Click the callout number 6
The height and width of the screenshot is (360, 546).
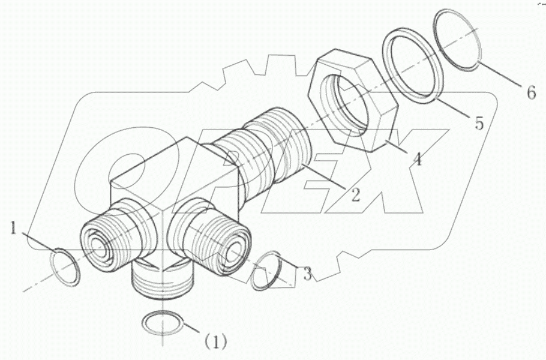(x=530, y=93)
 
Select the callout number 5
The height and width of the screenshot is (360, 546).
(x=478, y=123)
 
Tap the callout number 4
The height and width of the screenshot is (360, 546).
(x=417, y=160)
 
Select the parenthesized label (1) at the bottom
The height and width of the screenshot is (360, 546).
(x=215, y=342)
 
